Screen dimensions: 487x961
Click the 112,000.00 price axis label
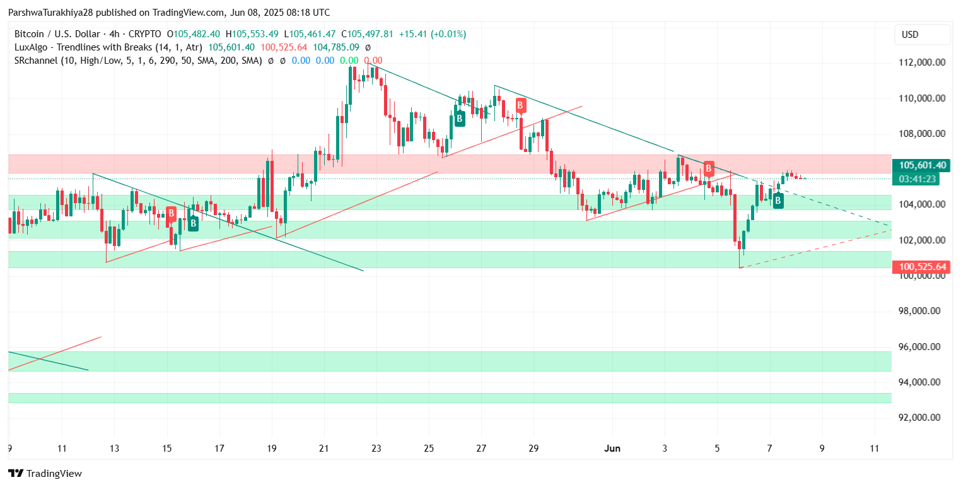pyautogui.click(x=921, y=62)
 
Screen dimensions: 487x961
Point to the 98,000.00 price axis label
pyautogui.click(x=921, y=311)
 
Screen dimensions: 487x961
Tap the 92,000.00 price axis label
pyautogui.click(x=921, y=418)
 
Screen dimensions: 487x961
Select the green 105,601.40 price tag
pyautogui.click(x=923, y=165)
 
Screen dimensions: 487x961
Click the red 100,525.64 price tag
pyautogui.click(x=923, y=267)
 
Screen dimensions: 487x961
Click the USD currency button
pyautogui.click(x=923, y=35)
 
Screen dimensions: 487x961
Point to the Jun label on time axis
pyautogui.click(x=612, y=449)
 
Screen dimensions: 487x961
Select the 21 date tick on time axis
pyautogui.click(x=324, y=449)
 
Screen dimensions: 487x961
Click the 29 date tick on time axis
pyautogui.click(x=533, y=449)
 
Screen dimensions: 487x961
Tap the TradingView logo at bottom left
pyautogui.click(x=45, y=473)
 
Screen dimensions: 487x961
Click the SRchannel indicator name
pyautogui.click(x=35, y=61)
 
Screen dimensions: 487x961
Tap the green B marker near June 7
pyautogui.click(x=778, y=201)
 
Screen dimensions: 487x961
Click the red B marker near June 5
pyautogui.click(x=709, y=168)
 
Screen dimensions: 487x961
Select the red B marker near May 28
pyautogui.click(x=520, y=105)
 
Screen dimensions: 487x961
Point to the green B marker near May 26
pyautogui.click(x=460, y=118)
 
